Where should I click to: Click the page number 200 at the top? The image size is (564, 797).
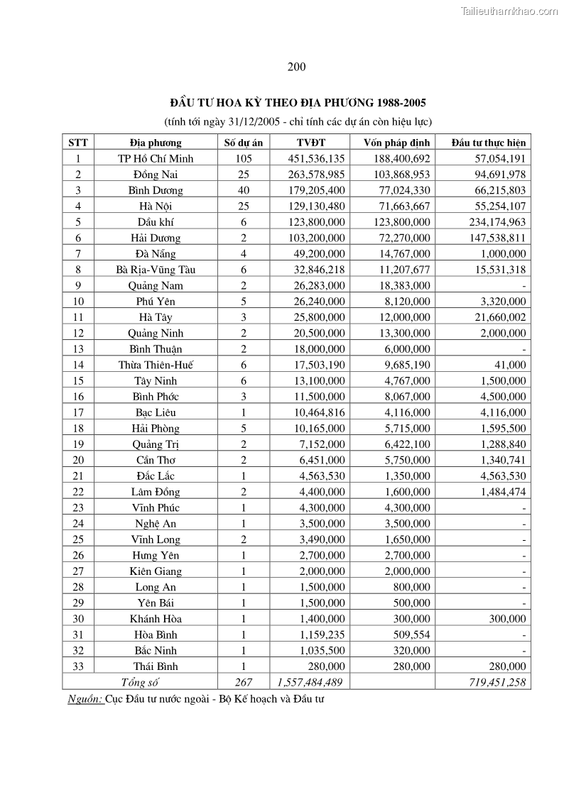coord(297,67)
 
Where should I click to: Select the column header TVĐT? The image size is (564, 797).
coord(310,142)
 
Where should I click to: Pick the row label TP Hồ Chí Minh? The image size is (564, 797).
coord(156,158)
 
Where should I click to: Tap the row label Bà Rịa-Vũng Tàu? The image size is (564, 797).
coord(156,270)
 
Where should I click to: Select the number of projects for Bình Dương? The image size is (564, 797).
coord(244,190)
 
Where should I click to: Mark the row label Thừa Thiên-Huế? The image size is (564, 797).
coord(156,365)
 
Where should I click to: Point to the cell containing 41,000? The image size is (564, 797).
coord(511,365)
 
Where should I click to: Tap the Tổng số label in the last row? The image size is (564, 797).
coord(140,682)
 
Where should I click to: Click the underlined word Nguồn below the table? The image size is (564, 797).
coord(85,698)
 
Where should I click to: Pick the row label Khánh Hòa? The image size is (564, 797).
coord(156,619)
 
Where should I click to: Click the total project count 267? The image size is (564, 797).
coord(244,682)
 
